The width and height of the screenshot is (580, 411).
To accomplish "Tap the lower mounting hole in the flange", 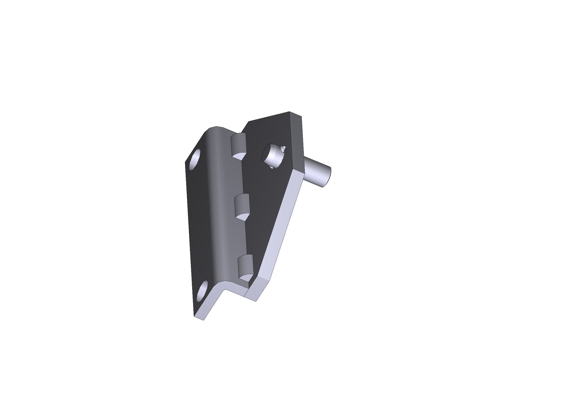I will [x=202, y=291].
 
